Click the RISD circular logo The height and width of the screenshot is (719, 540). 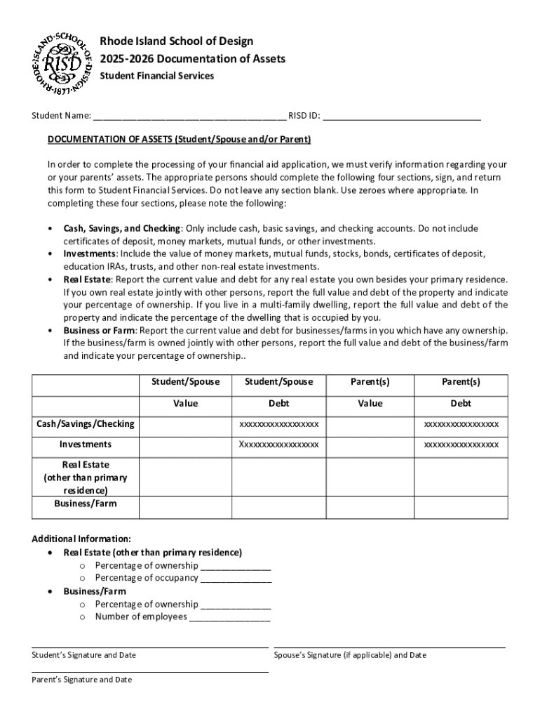62,63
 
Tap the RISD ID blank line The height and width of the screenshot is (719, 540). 402,115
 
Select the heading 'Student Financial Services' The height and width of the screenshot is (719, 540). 156,76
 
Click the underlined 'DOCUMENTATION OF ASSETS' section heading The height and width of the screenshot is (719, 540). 179,139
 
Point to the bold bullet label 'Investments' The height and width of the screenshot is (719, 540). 89,253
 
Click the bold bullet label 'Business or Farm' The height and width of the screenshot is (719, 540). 99,330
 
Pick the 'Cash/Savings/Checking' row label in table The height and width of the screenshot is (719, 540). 86,424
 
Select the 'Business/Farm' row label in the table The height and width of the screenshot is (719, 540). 86,503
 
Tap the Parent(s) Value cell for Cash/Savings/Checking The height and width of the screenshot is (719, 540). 370,424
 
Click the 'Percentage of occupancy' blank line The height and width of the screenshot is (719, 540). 236,579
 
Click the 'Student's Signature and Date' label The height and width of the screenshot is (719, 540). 84,655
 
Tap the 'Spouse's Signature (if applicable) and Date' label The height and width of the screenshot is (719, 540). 350,655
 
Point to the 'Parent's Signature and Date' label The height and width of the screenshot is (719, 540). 81,680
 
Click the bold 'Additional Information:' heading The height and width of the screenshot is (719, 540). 81,539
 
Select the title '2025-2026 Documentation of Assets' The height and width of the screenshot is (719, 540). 192,59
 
